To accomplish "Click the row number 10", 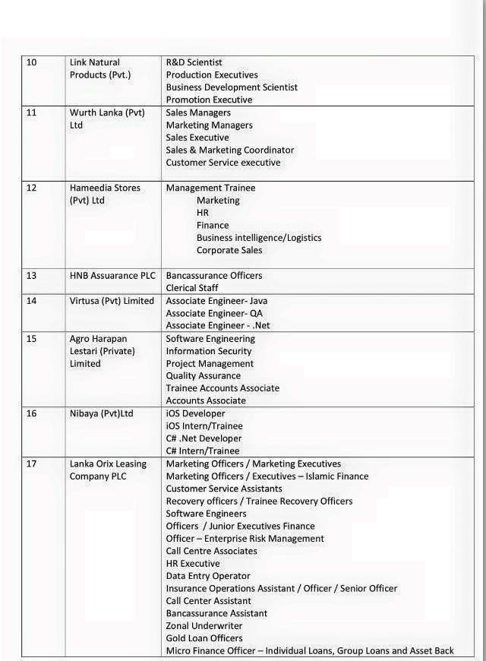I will tap(31, 62).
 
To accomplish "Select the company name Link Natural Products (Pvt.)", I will tap(99, 68).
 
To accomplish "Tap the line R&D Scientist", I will tap(194, 62).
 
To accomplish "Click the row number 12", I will tap(31, 188).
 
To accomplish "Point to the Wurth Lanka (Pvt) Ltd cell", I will tap(106, 119).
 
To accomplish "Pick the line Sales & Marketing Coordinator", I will tap(229, 150).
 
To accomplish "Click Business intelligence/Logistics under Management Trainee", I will tap(258, 238).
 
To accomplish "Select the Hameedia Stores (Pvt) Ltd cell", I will tap(105, 194).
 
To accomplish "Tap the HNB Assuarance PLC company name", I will tap(112, 275).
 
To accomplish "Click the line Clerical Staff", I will tap(191, 288).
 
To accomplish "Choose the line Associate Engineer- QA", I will tap(216, 313).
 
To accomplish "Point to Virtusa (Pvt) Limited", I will tap(112, 301).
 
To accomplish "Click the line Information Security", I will tap(209, 351).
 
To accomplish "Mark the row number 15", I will tap(31, 338).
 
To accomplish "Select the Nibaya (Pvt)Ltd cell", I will tap(101, 413).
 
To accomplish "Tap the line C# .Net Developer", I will tap(204, 438).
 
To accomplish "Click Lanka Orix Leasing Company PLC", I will tap(108, 470).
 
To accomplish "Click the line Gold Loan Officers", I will tap(204, 638).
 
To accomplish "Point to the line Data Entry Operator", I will tap(207, 576).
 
